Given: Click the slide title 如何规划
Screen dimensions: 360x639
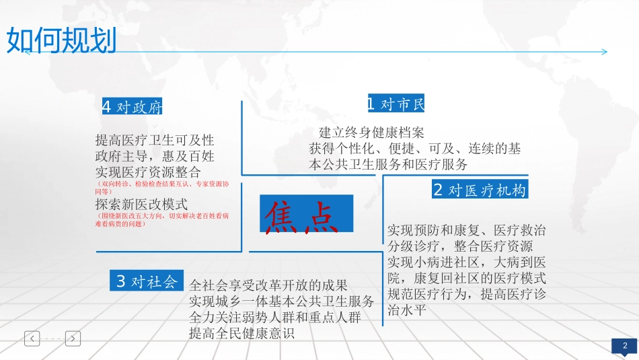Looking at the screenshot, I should pyautogui.click(x=61, y=40).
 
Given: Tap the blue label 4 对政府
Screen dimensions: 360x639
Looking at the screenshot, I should pyautogui.click(x=132, y=107).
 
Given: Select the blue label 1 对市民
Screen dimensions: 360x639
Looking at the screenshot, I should pyautogui.click(x=396, y=104).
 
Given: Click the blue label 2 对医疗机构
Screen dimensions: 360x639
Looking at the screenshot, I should pyautogui.click(x=479, y=190).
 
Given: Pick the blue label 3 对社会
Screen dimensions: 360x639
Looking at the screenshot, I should pyautogui.click(x=146, y=281).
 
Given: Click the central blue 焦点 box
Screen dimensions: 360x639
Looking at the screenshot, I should pyautogui.click(x=306, y=213).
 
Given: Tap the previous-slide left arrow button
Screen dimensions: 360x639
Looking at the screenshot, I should pyautogui.click(x=32, y=338).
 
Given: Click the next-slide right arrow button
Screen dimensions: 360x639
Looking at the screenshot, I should pyautogui.click(x=73, y=338).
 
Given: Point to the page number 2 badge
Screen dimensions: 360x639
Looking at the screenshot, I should pyautogui.click(x=625, y=346).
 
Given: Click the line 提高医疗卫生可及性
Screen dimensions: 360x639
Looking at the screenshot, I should pyautogui.click(x=155, y=141).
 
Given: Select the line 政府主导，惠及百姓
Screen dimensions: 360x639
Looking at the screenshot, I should pyautogui.click(x=155, y=156).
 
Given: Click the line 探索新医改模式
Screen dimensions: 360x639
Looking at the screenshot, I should pyautogui.click(x=142, y=203).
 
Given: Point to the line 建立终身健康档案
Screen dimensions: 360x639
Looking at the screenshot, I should pyautogui.click(x=371, y=133).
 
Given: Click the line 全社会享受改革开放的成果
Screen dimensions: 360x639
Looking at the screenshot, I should pyautogui.click(x=269, y=285).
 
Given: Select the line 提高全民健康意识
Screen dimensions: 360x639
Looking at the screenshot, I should pyautogui.click(x=242, y=333).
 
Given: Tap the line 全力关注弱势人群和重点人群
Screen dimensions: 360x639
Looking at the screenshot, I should pyautogui.click(x=275, y=317).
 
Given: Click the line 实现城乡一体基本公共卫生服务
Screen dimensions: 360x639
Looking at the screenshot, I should pyautogui.click(x=282, y=301).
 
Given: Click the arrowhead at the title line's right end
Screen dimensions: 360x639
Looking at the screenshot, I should pyautogui.click(x=604, y=52).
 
